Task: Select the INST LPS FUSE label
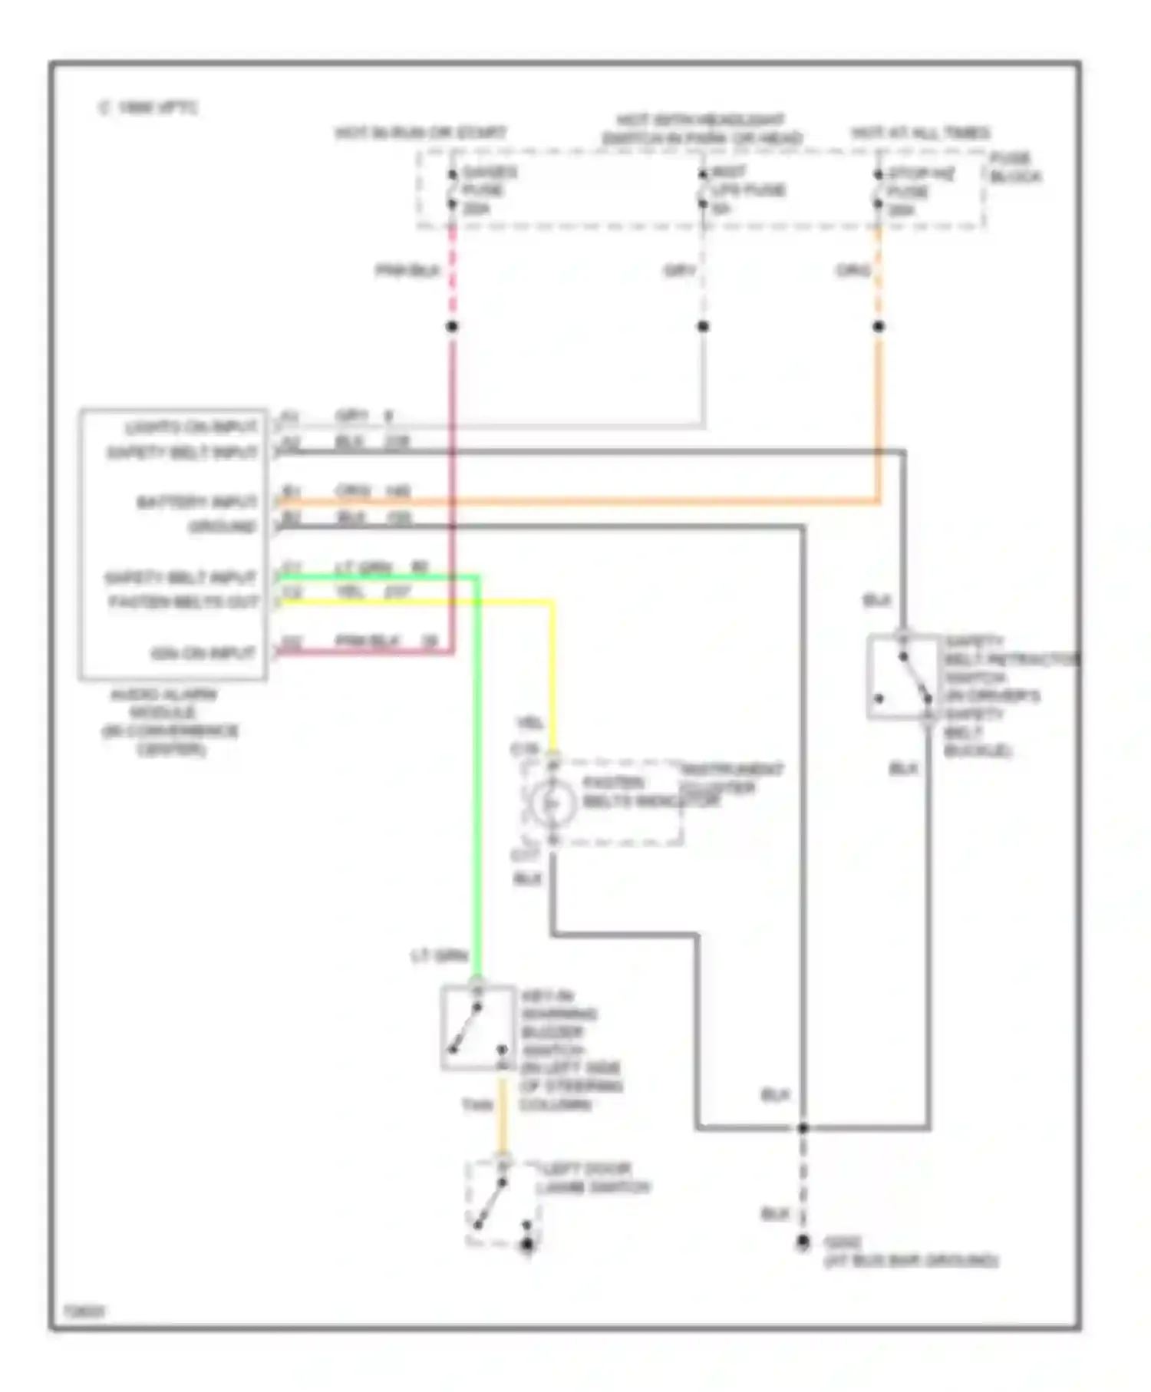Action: (x=746, y=190)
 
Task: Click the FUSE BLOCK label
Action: (x=1014, y=167)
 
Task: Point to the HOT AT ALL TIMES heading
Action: (x=920, y=133)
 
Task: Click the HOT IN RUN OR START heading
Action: (x=420, y=133)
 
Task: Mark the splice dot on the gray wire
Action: (x=703, y=326)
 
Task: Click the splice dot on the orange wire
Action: (x=879, y=326)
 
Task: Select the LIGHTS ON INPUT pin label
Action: (x=191, y=427)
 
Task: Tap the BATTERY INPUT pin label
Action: (x=196, y=502)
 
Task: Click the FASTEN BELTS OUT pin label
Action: (x=183, y=602)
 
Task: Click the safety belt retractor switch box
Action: (x=902, y=677)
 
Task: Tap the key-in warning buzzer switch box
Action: (x=477, y=1028)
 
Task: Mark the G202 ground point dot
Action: (x=803, y=1241)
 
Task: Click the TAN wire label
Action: (x=477, y=1105)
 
